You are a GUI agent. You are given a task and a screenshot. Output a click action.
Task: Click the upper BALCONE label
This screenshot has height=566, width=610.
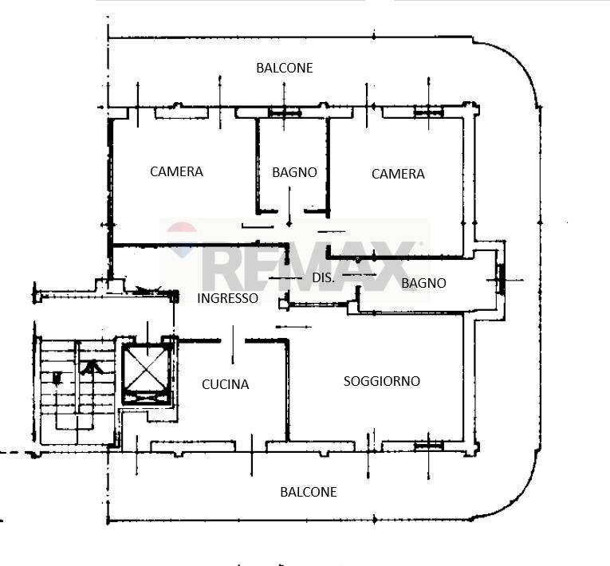(285, 68)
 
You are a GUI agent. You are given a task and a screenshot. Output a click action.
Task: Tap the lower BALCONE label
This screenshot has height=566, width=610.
(309, 492)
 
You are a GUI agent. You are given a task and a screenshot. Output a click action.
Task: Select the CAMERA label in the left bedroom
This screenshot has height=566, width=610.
(176, 171)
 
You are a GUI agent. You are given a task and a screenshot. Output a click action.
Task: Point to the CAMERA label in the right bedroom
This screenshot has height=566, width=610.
(398, 174)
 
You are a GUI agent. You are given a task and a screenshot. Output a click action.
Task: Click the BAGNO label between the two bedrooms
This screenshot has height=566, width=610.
(294, 172)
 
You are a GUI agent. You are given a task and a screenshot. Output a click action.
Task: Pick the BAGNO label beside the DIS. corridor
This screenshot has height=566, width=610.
(423, 283)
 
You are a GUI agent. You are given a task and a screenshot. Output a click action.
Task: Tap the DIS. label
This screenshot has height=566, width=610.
(323, 277)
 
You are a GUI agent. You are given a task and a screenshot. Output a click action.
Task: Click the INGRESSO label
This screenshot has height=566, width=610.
(227, 298)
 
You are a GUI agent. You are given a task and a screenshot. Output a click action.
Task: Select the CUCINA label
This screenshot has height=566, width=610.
(225, 384)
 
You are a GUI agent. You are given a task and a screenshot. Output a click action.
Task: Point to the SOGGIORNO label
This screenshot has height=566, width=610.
(382, 381)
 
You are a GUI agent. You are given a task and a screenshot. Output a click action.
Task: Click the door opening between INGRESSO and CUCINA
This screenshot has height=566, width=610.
(233, 341)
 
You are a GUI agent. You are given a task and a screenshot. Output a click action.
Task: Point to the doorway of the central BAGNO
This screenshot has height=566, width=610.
(290, 211)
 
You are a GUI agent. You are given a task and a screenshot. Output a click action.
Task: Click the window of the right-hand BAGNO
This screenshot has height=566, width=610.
(502, 279)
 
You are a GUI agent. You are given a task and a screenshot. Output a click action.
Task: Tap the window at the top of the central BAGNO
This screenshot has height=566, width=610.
(285, 113)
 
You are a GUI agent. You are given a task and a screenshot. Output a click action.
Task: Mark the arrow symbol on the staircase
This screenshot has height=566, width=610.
(91, 368)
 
